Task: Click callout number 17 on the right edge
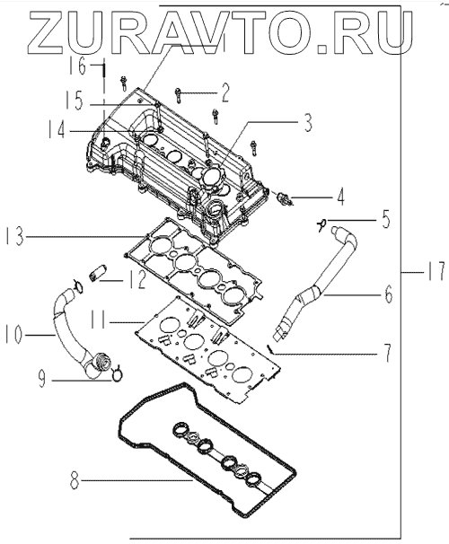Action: coord(436,272)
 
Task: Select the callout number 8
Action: coord(75,481)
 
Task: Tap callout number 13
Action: coord(14,236)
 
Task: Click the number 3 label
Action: coord(307,122)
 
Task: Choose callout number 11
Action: coord(98,320)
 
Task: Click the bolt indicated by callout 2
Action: coord(178,94)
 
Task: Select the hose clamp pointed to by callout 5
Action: coord(321,224)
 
